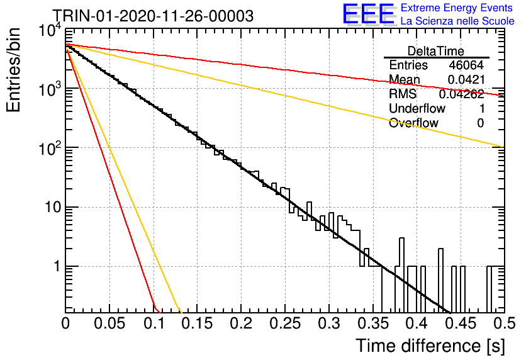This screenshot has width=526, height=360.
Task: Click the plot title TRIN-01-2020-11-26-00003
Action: [154, 16]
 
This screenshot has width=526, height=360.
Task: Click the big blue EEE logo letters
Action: [369, 14]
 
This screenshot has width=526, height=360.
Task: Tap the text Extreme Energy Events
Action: [457, 8]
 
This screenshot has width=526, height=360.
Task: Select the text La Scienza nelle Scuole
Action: [457, 21]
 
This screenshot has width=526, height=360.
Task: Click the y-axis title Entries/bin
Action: [13, 70]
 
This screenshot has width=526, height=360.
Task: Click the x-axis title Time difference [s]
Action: [430, 346]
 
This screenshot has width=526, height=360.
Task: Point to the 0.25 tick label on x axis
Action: [285, 323]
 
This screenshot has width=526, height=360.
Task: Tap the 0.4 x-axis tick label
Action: [417, 323]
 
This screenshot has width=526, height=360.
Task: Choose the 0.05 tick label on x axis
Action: [109, 323]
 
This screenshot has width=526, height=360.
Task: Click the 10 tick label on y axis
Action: [53, 207]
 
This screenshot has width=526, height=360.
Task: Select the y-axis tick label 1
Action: [57, 267]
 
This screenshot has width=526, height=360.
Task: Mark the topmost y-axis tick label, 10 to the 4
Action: [50, 31]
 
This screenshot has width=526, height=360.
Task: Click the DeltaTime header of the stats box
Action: [436, 51]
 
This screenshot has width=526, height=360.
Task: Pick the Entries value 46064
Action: [466, 65]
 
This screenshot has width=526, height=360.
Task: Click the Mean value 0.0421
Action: [466, 79]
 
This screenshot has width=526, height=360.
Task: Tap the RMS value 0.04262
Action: [462, 94]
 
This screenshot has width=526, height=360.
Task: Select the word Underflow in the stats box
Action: [417, 108]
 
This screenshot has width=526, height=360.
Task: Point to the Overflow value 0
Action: [480, 123]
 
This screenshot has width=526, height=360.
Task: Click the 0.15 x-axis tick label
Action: [198, 323]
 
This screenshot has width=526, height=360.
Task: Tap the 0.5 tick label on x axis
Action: [504, 323]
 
